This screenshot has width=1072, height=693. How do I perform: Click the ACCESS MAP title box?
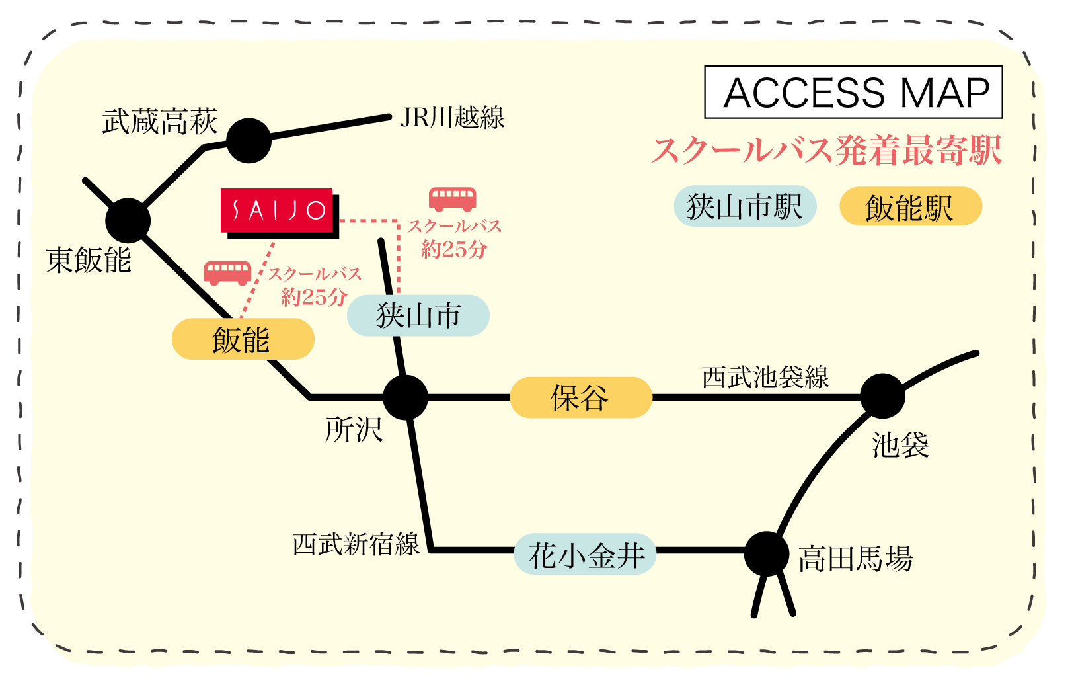point(853,93)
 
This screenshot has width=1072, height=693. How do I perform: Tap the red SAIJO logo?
point(277,211)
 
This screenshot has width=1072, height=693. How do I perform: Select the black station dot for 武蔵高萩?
point(249,141)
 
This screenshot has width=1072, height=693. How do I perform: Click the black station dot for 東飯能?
point(128,220)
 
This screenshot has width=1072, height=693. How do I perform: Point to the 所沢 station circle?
point(405,397)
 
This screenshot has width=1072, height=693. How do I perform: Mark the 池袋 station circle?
point(882,395)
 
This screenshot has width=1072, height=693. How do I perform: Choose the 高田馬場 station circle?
point(767,553)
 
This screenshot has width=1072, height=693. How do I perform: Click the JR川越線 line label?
point(452,118)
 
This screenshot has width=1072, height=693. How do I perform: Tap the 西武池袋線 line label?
point(765,378)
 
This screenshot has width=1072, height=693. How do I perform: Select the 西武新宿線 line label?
point(356,545)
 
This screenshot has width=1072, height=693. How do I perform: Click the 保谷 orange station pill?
point(581,397)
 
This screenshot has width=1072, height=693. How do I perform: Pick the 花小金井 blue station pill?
point(586,554)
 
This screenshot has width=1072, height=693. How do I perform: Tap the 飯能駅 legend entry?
point(910,207)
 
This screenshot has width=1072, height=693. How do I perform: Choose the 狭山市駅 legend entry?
point(745,206)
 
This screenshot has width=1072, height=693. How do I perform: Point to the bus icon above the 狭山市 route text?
point(453,198)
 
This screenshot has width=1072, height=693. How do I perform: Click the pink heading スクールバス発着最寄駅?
point(826,151)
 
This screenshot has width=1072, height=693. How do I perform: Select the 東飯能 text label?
point(89,260)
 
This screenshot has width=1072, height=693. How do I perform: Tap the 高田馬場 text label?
point(855,559)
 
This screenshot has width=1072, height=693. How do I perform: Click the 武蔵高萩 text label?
point(160,122)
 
